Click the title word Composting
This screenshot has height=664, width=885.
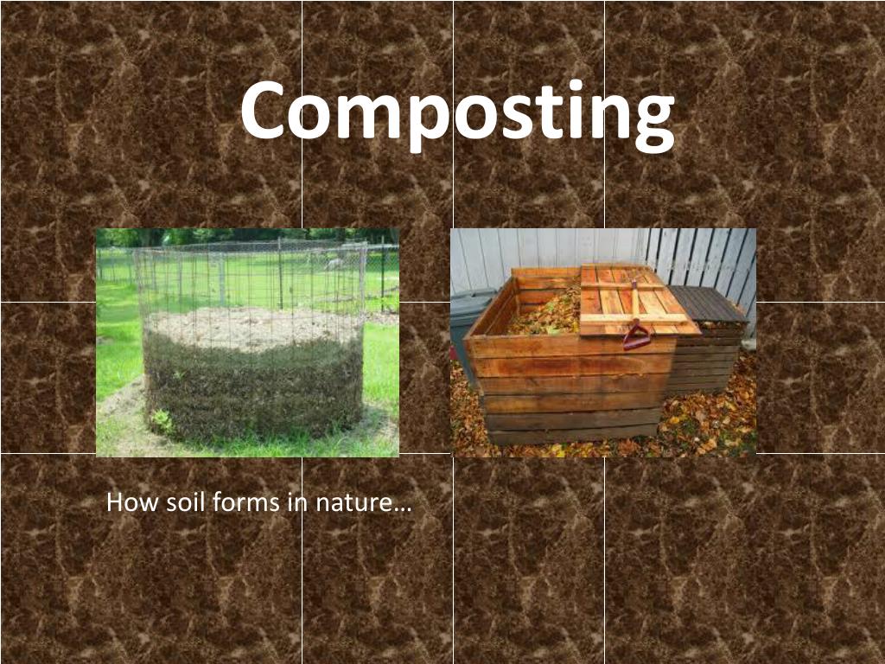click(x=457, y=112)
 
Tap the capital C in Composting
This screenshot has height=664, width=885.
click(x=263, y=111)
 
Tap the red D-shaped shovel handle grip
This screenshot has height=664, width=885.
click(x=636, y=335)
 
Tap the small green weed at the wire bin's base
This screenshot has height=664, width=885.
click(x=161, y=421)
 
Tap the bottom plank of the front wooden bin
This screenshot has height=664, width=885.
click(x=570, y=435)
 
